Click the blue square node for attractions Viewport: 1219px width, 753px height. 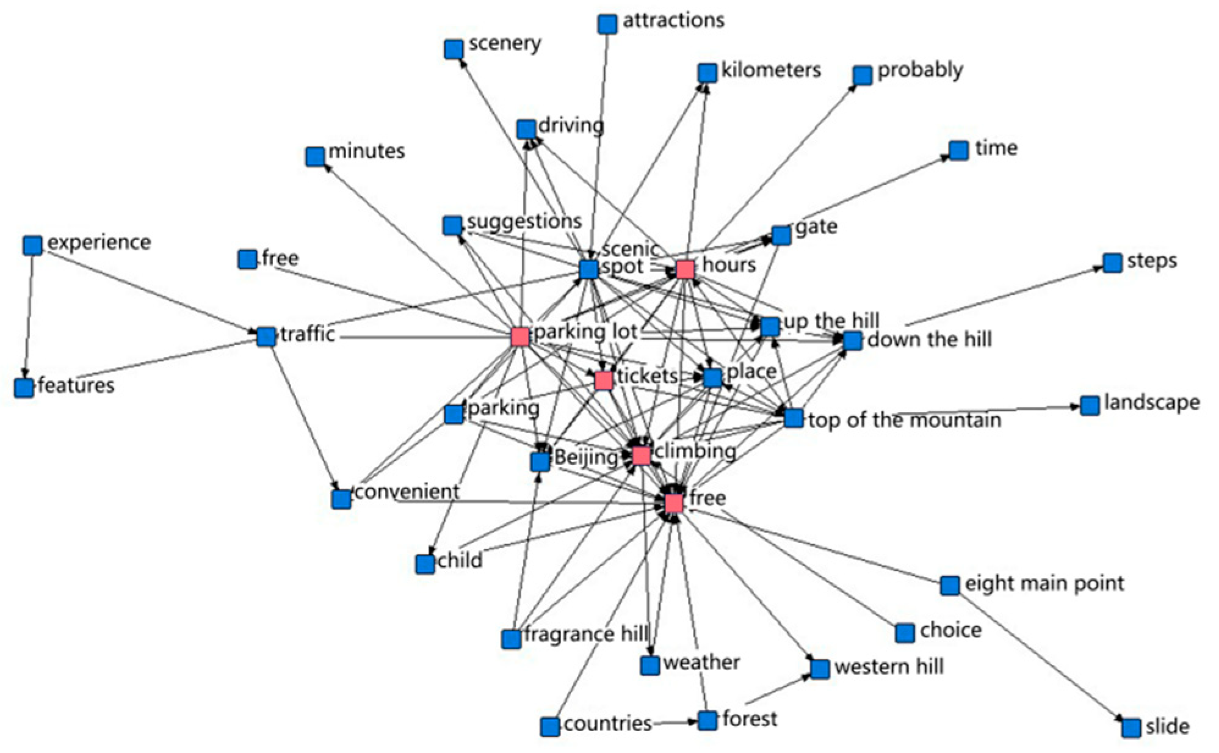607,24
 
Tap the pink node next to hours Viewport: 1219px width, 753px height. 685,269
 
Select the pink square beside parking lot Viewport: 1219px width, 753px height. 520,336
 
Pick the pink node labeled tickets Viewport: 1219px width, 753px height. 603,380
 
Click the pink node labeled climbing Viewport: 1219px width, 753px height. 641,456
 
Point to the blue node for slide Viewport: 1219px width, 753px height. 1130,727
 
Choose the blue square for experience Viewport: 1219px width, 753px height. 32,246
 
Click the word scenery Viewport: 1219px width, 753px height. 504,43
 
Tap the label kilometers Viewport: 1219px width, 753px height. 770,70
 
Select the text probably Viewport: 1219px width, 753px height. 920,71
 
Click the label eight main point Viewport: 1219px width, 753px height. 1044,583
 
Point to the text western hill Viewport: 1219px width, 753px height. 889,666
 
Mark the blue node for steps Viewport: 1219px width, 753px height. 1112,263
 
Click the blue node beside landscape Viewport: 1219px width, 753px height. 1090,406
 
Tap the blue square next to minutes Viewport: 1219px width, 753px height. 315,156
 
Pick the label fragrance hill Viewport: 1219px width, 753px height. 585,635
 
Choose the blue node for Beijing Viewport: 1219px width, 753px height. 540,462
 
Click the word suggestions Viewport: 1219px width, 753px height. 524,221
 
